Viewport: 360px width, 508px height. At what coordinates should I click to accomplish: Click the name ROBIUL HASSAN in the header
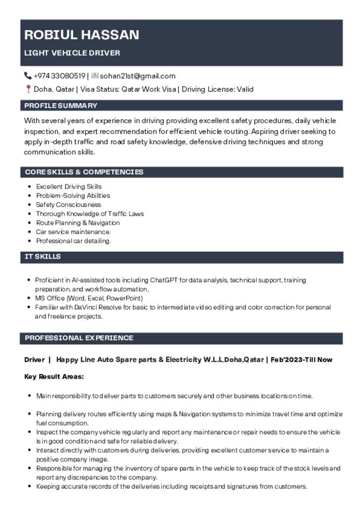click(x=81, y=35)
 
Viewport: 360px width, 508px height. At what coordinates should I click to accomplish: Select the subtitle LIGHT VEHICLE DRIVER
click(x=72, y=53)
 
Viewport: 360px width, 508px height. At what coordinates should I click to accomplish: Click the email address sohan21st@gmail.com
click(x=138, y=76)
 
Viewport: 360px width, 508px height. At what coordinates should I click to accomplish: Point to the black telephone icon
click(x=28, y=76)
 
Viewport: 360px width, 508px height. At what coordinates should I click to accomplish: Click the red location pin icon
click(x=28, y=89)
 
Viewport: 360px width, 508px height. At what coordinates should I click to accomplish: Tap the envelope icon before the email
click(x=95, y=76)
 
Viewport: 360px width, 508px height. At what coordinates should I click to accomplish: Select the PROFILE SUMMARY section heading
click(x=61, y=106)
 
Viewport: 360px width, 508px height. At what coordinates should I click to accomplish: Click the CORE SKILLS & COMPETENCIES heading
click(x=84, y=172)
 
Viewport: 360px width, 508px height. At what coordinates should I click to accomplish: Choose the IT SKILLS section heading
click(x=43, y=256)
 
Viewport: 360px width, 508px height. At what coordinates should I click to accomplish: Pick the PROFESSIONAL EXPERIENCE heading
click(x=79, y=338)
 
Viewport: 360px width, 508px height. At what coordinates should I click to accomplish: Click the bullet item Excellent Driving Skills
click(x=69, y=187)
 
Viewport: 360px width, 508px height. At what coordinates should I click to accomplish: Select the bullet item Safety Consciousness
click(x=68, y=204)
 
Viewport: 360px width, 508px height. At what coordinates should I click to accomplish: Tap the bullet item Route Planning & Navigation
click(x=77, y=223)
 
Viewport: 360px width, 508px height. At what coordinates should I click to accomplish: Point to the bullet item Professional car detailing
click(x=73, y=241)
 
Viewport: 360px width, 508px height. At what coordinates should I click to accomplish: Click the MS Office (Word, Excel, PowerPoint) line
click(x=89, y=298)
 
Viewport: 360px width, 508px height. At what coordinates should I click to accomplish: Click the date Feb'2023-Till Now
click(x=301, y=360)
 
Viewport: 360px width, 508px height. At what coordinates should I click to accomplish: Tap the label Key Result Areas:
click(x=54, y=377)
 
